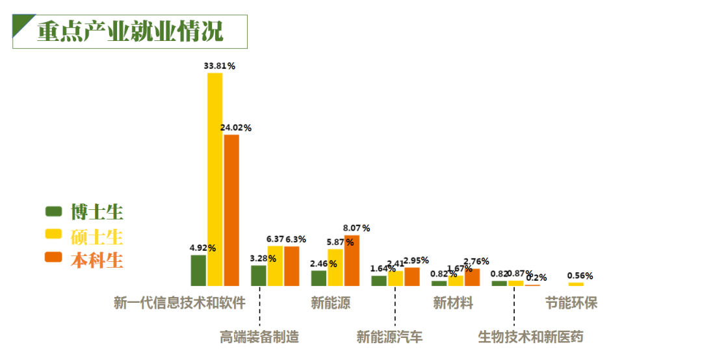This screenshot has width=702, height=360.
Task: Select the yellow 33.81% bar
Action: (215, 179)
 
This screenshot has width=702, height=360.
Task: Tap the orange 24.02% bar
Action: (231, 210)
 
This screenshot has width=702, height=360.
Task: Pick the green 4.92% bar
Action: (198, 270)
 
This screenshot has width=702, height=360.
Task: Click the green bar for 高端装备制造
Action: (259, 276)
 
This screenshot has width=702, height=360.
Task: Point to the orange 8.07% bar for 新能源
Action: (352, 260)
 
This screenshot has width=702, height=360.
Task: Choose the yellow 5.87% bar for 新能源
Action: (335, 267)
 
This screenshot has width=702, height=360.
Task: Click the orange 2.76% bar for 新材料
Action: (472, 277)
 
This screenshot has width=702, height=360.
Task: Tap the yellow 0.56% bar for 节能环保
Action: (576, 284)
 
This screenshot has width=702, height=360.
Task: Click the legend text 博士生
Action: (97, 212)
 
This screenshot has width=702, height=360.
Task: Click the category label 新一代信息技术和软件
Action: (179, 303)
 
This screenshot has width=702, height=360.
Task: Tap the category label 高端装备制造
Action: (259, 337)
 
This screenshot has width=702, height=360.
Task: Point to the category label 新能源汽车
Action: (389, 337)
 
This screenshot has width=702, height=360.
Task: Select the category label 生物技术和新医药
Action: (531, 337)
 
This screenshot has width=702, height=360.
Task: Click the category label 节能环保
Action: (571, 303)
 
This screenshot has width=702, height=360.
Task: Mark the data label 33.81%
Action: (219, 66)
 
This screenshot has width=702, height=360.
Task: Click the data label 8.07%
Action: (356, 228)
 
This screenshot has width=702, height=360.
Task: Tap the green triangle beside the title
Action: (21, 23)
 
